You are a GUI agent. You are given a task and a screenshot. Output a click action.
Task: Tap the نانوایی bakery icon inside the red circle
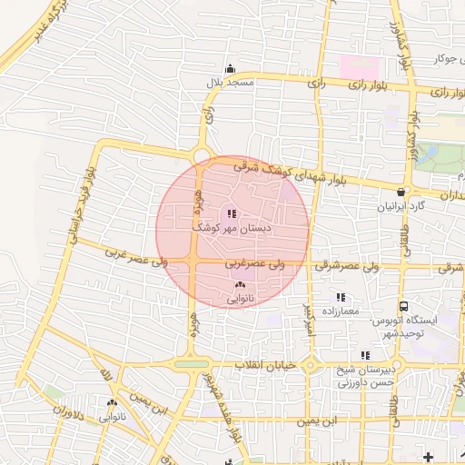[x=240, y=285]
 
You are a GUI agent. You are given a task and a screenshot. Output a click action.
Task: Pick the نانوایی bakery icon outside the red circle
[x=113, y=403]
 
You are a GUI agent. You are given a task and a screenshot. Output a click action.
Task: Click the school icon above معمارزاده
[x=341, y=297]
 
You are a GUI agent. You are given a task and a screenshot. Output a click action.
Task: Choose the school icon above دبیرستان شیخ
[x=365, y=355]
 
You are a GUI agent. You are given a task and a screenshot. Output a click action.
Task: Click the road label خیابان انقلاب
[x=262, y=365]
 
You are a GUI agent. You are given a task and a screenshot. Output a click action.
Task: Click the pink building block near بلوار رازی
[x=358, y=67]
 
